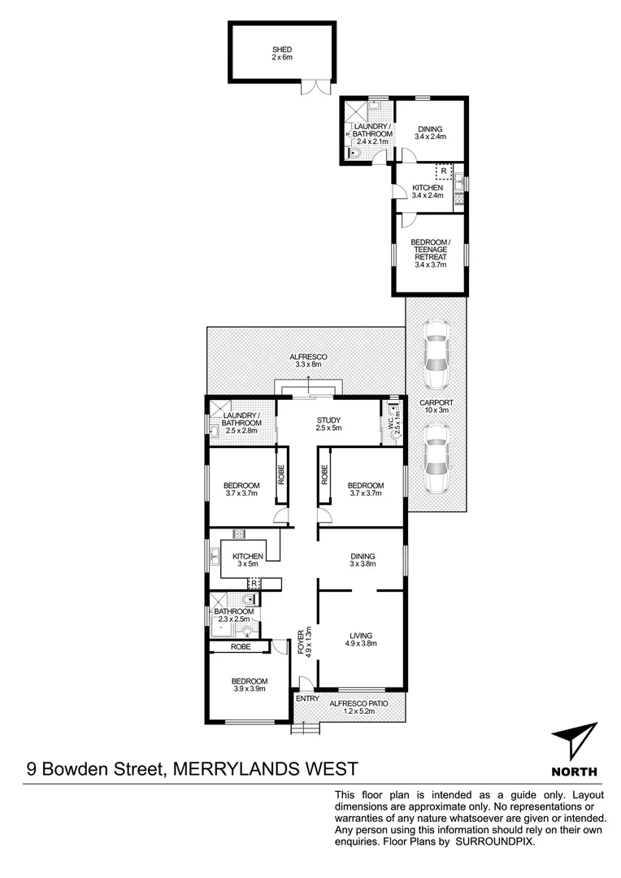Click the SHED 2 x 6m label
pyautogui.click(x=281, y=54)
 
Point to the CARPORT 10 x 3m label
pyautogui.click(x=436, y=406)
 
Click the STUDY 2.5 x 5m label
pyautogui.click(x=328, y=424)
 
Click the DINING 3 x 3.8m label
pyautogui.click(x=359, y=560)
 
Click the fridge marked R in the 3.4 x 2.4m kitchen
pyautogui.click(x=444, y=172)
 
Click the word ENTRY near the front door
pyautogui.click(x=307, y=698)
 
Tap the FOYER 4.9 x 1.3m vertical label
pyautogui.click(x=305, y=641)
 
